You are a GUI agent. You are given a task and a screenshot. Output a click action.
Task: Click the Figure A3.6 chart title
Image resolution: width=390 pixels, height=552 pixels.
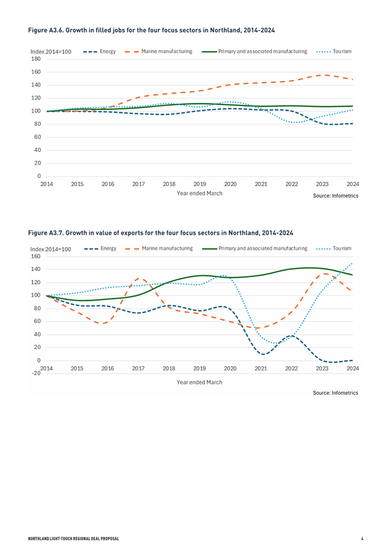click(151, 30)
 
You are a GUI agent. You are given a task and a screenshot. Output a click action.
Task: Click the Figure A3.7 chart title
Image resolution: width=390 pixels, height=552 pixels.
click(160, 233)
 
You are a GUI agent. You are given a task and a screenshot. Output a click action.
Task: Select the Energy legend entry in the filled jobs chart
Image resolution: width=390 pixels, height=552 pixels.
click(100, 51)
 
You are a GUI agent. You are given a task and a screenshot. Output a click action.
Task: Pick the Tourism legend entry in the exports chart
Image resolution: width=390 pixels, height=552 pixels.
click(334, 249)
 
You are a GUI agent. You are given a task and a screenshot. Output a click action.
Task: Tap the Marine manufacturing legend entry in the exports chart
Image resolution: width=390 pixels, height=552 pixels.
click(159, 249)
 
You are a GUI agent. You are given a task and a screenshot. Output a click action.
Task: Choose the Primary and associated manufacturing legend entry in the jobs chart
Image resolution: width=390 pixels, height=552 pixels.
click(255, 51)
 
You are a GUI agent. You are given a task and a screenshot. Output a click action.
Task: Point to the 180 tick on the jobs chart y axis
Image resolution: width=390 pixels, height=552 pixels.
click(36, 59)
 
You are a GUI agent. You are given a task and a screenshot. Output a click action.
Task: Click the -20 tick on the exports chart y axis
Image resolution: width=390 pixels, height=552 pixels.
click(36, 373)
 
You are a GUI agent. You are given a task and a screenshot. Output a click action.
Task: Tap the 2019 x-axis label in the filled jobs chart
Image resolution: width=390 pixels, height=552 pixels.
click(200, 184)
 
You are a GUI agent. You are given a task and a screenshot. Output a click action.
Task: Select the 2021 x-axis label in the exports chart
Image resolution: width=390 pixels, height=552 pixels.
click(261, 369)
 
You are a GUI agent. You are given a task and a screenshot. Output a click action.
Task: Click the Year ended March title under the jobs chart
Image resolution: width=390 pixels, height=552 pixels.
click(200, 193)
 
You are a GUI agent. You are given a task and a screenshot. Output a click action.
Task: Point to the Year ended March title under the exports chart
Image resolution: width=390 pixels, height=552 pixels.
click(200, 383)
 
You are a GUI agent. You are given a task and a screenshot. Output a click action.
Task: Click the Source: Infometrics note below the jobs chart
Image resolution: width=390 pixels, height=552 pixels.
click(336, 195)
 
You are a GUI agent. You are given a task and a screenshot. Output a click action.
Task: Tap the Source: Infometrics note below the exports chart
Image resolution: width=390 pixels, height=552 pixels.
click(336, 393)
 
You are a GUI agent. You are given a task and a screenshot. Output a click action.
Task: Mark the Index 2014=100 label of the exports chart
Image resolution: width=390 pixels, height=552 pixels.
click(51, 249)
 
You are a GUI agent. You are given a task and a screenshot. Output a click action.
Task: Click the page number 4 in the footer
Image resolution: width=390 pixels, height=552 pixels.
click(362, 539)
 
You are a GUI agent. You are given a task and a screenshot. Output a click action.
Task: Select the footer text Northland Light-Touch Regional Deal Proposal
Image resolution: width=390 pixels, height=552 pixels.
click(74, 539)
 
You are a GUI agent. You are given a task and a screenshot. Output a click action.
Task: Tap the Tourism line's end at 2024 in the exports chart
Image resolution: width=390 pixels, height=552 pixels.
click(352, 263)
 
